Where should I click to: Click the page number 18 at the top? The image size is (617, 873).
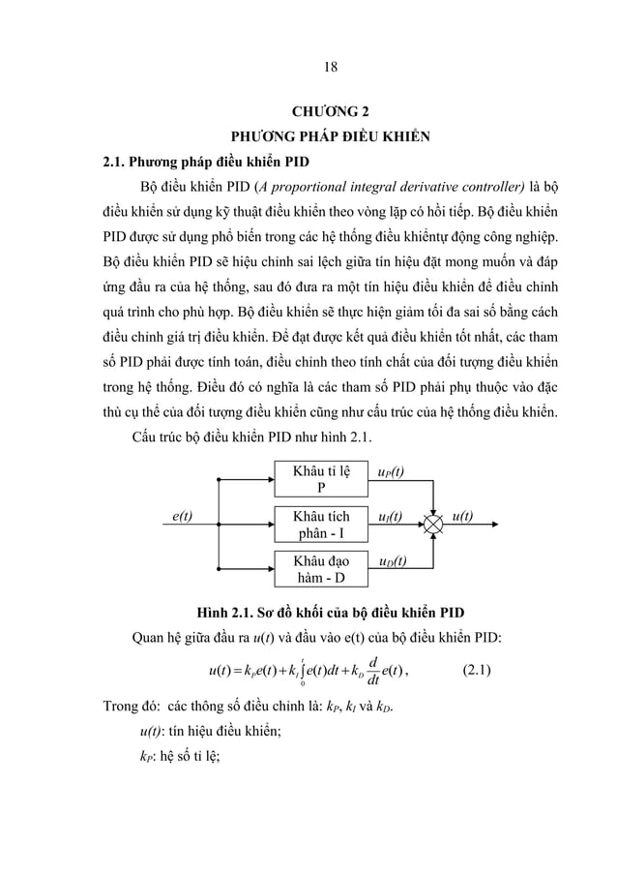(x=330, y=67)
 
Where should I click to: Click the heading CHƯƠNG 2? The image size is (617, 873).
(x=329, y=110)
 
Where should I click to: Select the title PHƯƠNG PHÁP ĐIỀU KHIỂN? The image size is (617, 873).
(x=328, y=135)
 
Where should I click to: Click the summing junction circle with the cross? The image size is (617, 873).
(x=434, y=525)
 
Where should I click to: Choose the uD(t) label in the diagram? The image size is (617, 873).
(x=392, y=561)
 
